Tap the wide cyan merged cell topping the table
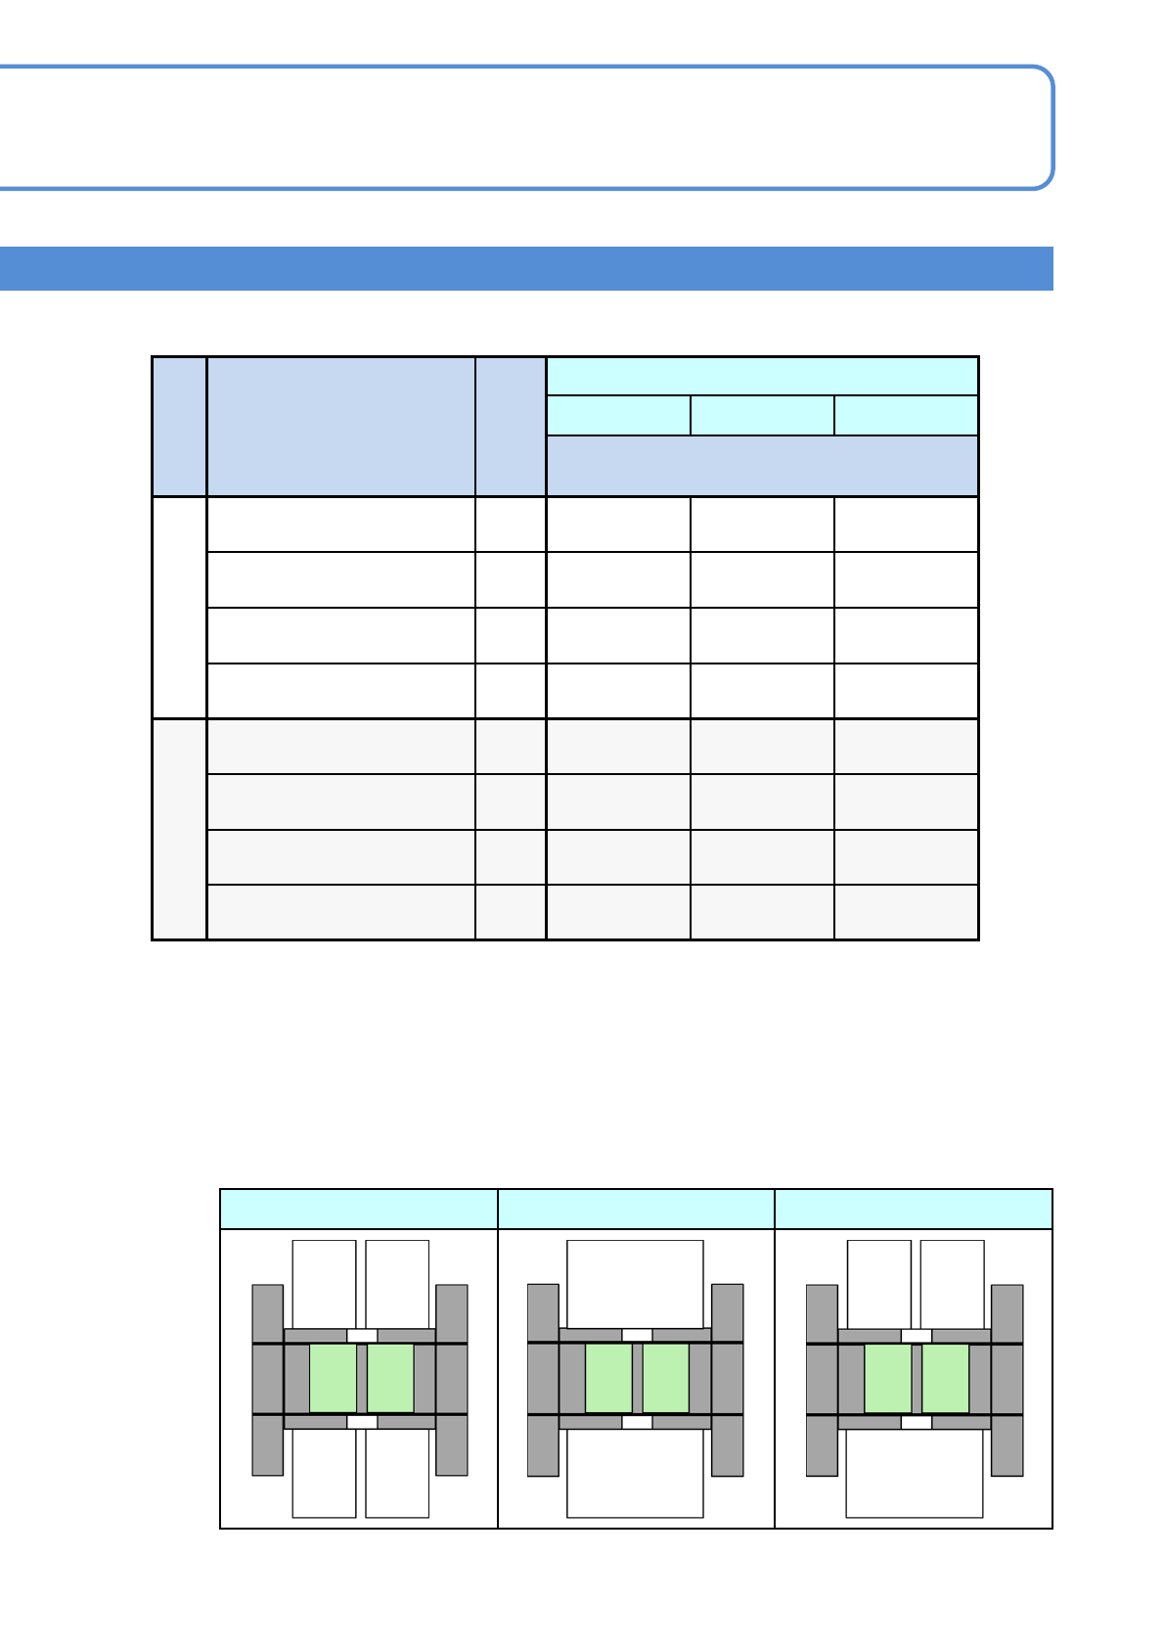[x=762, y=376]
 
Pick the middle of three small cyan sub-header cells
[x=762, y=415]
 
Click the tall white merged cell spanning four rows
[x=179, y=608]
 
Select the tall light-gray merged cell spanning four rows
[x=179, y=830]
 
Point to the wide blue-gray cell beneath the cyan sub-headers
[x=762, y=466]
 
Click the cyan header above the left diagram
[x=359, y=1209]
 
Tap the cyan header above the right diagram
[x=914, y=1209]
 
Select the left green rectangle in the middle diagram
[x=608, y=1378]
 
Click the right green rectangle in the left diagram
[x=390, y=1378]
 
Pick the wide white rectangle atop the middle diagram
[x=635, y=1284]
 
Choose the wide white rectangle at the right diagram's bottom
[x=914, y=1473]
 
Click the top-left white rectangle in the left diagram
[x=324, y=1284]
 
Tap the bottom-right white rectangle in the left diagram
[x=397, y=1473]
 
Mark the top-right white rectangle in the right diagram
[x=952, y=1284]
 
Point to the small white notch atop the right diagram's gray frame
[x=917, y=1336]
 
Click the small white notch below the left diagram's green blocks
[x=362, y=1422]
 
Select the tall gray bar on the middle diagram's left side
[x=543, y=1380]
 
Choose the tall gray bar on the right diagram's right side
[x=1007, y=1380]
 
